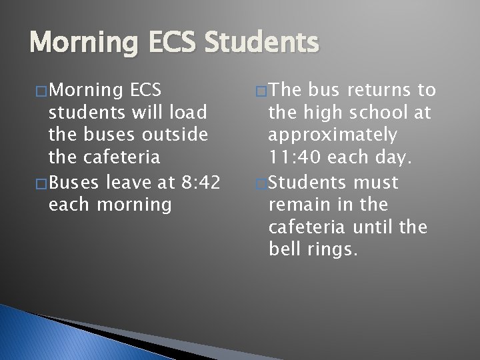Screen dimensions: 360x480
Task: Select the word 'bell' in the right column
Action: pos(284,250)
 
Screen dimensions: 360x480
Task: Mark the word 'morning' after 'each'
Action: pos(133,203)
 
